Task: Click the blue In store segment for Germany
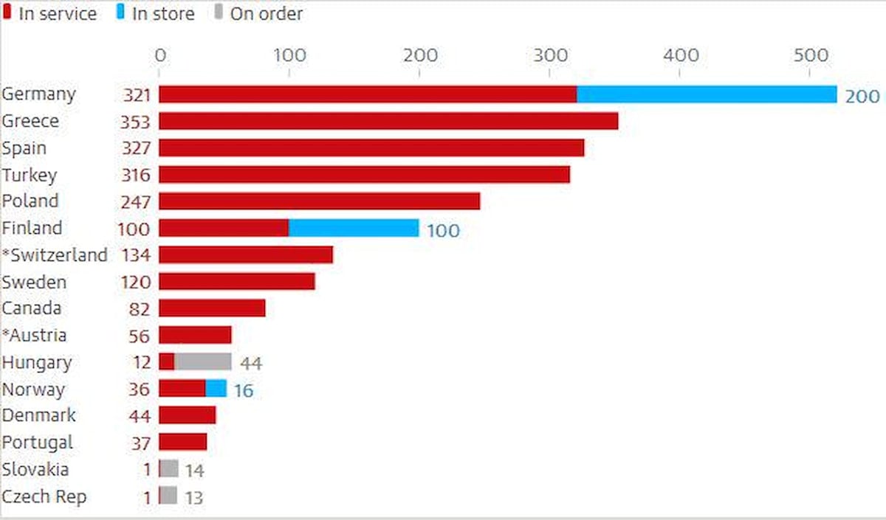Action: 707,94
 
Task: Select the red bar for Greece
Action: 388,121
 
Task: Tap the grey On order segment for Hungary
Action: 203,361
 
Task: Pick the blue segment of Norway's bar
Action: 216,389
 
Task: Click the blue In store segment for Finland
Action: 354,228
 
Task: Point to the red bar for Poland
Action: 319,201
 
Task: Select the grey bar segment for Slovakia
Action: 170,469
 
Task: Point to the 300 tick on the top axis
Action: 550,55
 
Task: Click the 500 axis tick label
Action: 810,55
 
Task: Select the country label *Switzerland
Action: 55,255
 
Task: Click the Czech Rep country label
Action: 44,496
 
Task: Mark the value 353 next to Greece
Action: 135,122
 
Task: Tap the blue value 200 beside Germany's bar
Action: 862,96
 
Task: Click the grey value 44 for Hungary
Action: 251,363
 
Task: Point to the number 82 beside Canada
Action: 139,309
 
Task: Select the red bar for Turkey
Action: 364,175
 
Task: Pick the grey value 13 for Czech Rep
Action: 193,498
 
